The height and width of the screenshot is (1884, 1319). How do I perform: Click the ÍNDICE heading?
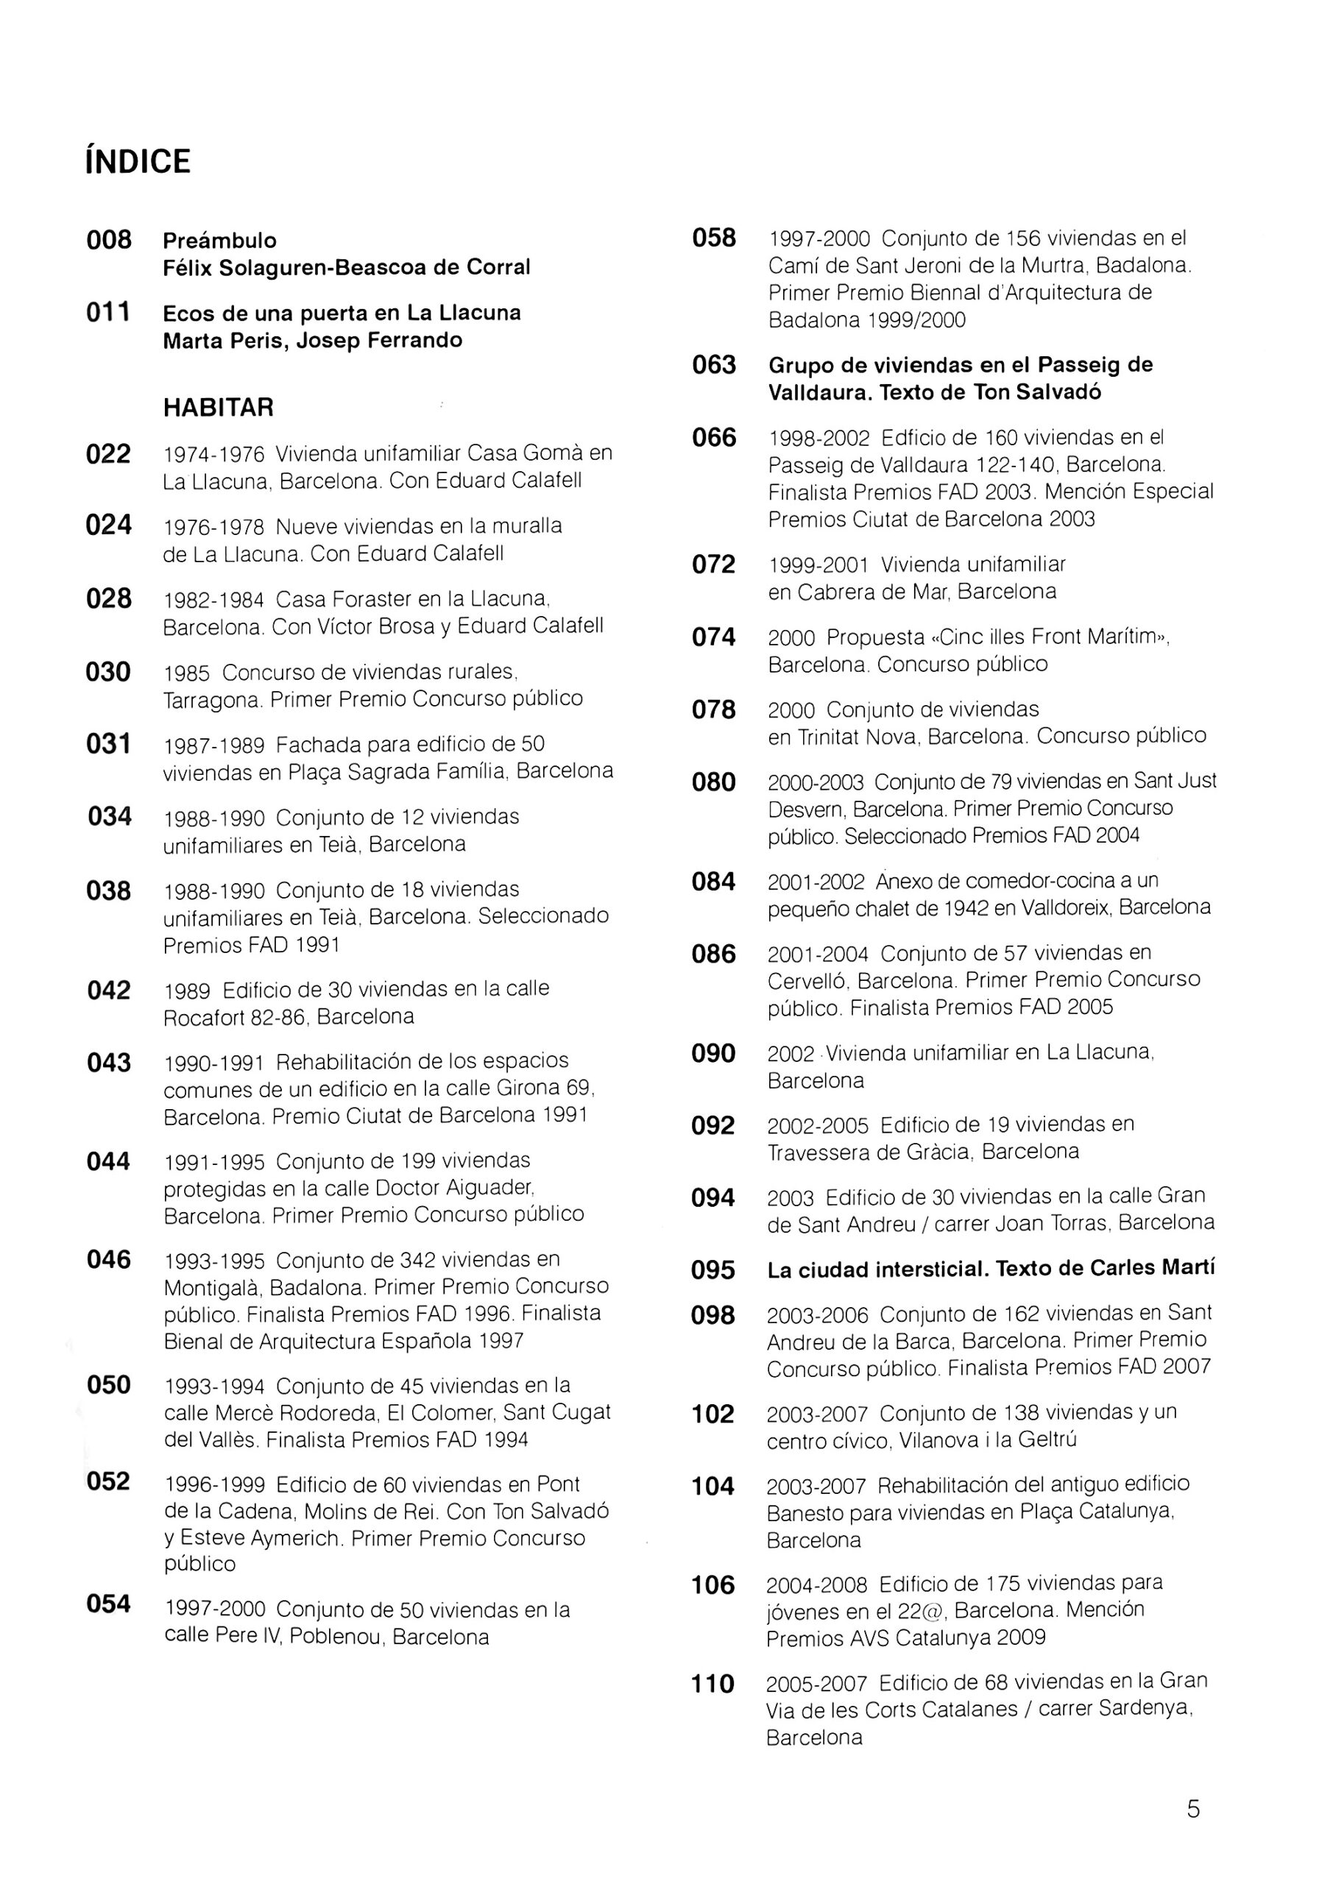coord(137,162)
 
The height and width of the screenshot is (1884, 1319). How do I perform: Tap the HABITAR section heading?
coord(219,408)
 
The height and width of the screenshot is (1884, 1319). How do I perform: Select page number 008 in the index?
coord(109,241)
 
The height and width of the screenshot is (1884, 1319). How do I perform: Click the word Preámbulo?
coord(219,241)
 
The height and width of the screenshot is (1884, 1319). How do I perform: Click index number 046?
coord(108,1259)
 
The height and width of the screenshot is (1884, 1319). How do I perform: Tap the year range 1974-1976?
coord(213,455)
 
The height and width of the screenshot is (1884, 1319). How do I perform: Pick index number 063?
coord(714,365)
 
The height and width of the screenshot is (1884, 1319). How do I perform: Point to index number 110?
coord(712,1685)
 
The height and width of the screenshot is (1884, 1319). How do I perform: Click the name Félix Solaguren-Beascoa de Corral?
coord(347,267)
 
